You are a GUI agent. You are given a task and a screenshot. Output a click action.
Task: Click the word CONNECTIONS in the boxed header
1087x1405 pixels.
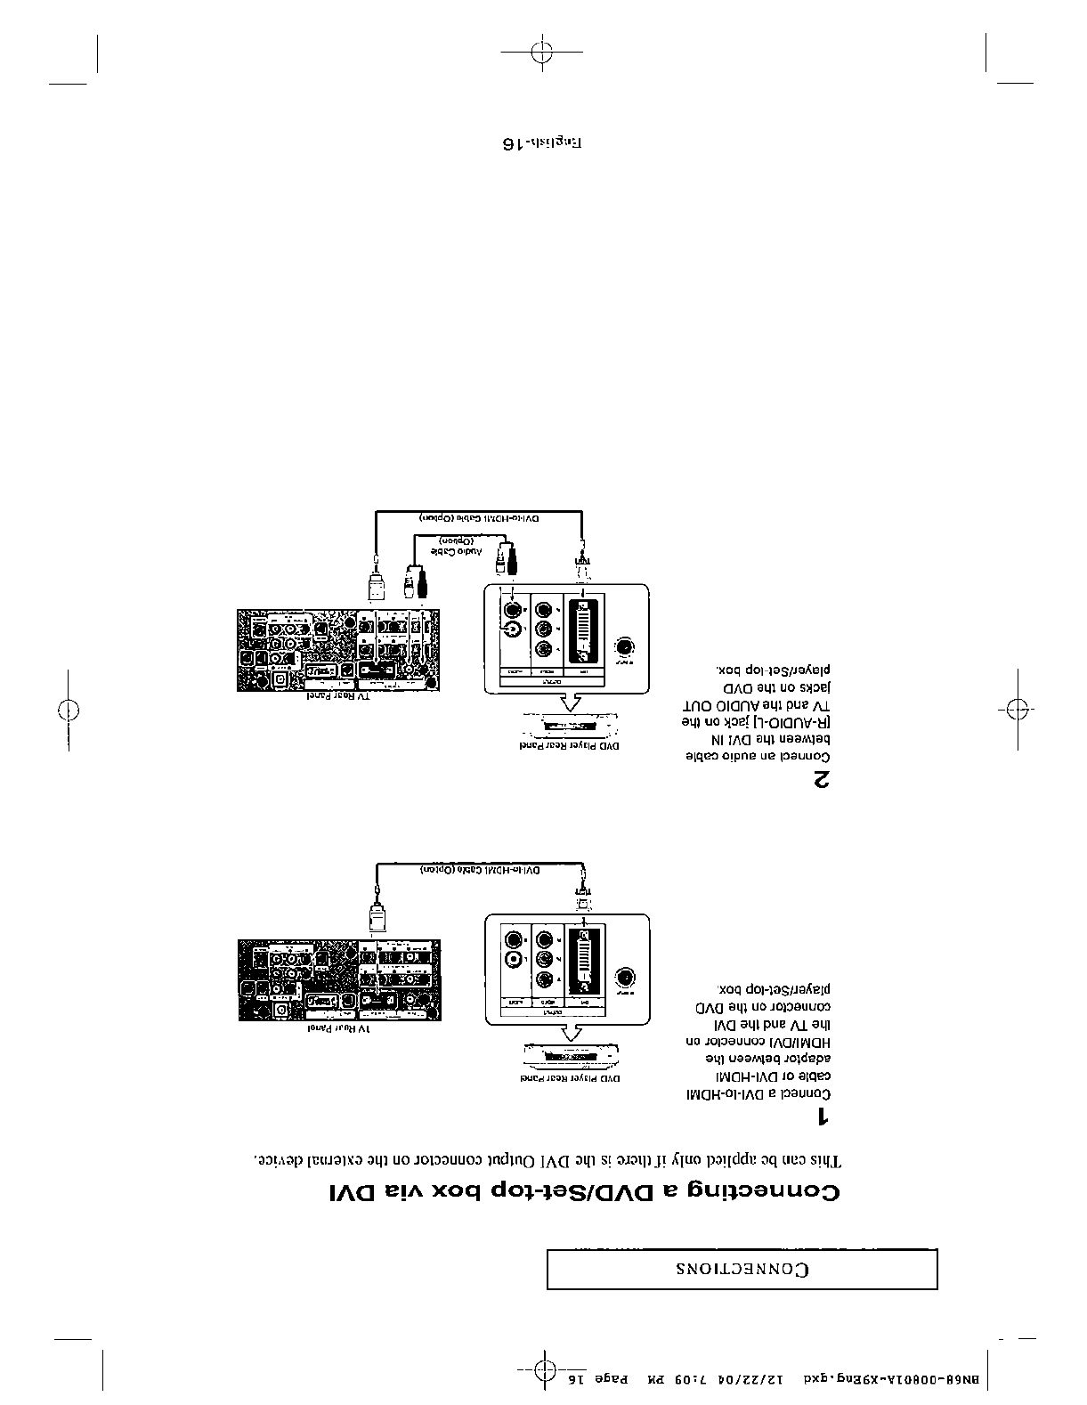pyautogui.click(x=741, y=1269)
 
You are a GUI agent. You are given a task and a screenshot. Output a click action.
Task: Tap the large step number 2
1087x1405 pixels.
pyautogui.click(x=823, y=781)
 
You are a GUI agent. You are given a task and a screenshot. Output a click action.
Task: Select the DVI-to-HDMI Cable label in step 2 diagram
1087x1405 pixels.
pyautogui.click(x=480, y=517)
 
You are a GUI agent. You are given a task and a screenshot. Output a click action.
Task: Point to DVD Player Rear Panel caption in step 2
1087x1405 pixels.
pyautogui.click(x=569, y=745)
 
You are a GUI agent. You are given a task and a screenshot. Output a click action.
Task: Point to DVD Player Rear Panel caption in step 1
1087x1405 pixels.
pyautogui.click(x=570, y=1078)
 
